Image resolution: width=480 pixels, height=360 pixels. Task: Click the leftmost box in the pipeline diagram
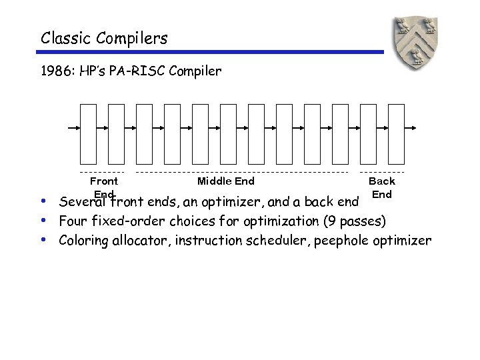pyautogui.click(x=88, y=133)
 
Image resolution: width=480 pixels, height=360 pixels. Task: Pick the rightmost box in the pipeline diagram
pyautogui.click(x=395, y=133)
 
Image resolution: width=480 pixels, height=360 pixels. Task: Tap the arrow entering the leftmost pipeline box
pyautogui.click(x=74, y=127)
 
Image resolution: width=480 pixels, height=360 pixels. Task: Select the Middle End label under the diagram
pyautogui.click(x=225, y=181)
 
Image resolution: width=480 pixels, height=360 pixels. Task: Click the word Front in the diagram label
pyautogui.click(x=103, y=181)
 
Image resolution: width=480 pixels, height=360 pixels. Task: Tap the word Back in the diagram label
pyautogui.click(x=381, y=181)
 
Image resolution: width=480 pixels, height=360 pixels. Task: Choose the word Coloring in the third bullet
pyautogui.click(x=83, y=241)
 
